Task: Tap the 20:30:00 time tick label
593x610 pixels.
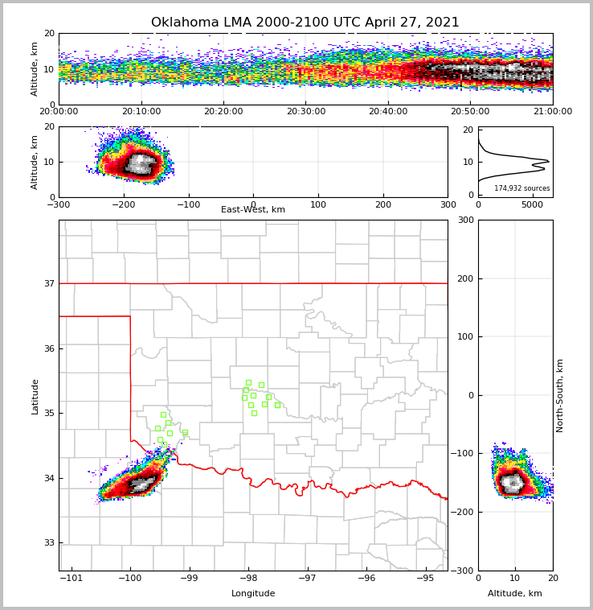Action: coord(305,112)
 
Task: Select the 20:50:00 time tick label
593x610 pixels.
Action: coord(470,112)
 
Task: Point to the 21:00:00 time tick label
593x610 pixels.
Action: coord(552,112)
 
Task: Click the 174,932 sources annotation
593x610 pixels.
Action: coord(521,188)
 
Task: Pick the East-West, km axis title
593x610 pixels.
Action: coord(253,210)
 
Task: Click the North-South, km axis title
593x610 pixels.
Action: coord(560,395)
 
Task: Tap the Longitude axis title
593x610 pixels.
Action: coord(253,594)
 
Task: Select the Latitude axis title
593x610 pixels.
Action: coord(35,396)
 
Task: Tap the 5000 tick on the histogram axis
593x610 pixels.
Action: coord(533,204)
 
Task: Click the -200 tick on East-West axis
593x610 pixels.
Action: coord(123,204)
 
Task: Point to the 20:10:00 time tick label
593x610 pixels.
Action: coord(141,112)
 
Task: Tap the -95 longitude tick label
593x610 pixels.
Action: coord(424,578)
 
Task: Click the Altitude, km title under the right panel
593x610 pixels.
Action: coord(515,594)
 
